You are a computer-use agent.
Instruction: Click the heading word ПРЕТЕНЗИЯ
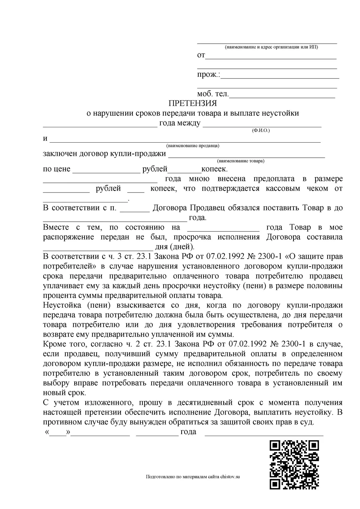point(193,103)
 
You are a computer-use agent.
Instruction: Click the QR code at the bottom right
point(294,464)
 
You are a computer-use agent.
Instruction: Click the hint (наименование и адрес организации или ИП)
point(271,47)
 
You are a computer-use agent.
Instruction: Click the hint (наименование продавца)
point(193,146)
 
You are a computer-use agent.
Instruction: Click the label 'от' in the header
point(201,55)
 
